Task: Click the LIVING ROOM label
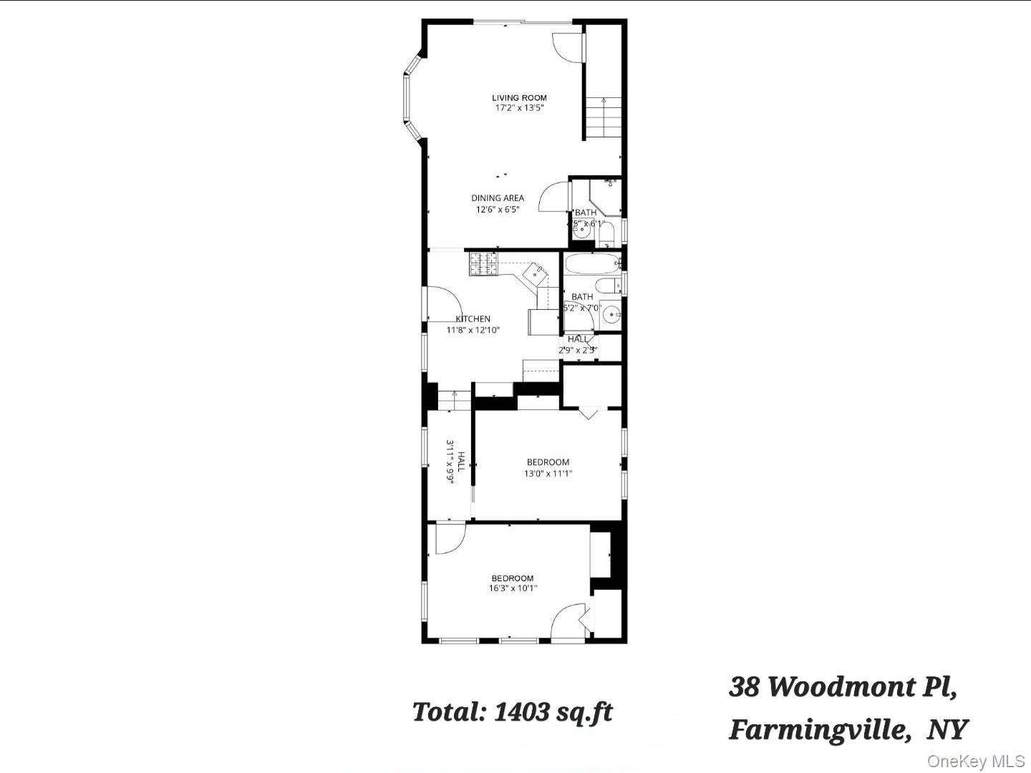tap(519, 98)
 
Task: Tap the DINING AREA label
tap(498, 198)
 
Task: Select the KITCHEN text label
tap(473, 319)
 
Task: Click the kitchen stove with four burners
tap(483, 264)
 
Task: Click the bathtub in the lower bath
tap(592, 263)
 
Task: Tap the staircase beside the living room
tap(603, 119)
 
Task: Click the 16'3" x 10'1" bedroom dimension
tap(513, 589)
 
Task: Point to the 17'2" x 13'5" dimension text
tap(519, 109)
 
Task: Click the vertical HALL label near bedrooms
tap(462, 462)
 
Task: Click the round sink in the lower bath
tap(611, 313)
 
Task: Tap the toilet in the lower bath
tap(608, 286)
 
